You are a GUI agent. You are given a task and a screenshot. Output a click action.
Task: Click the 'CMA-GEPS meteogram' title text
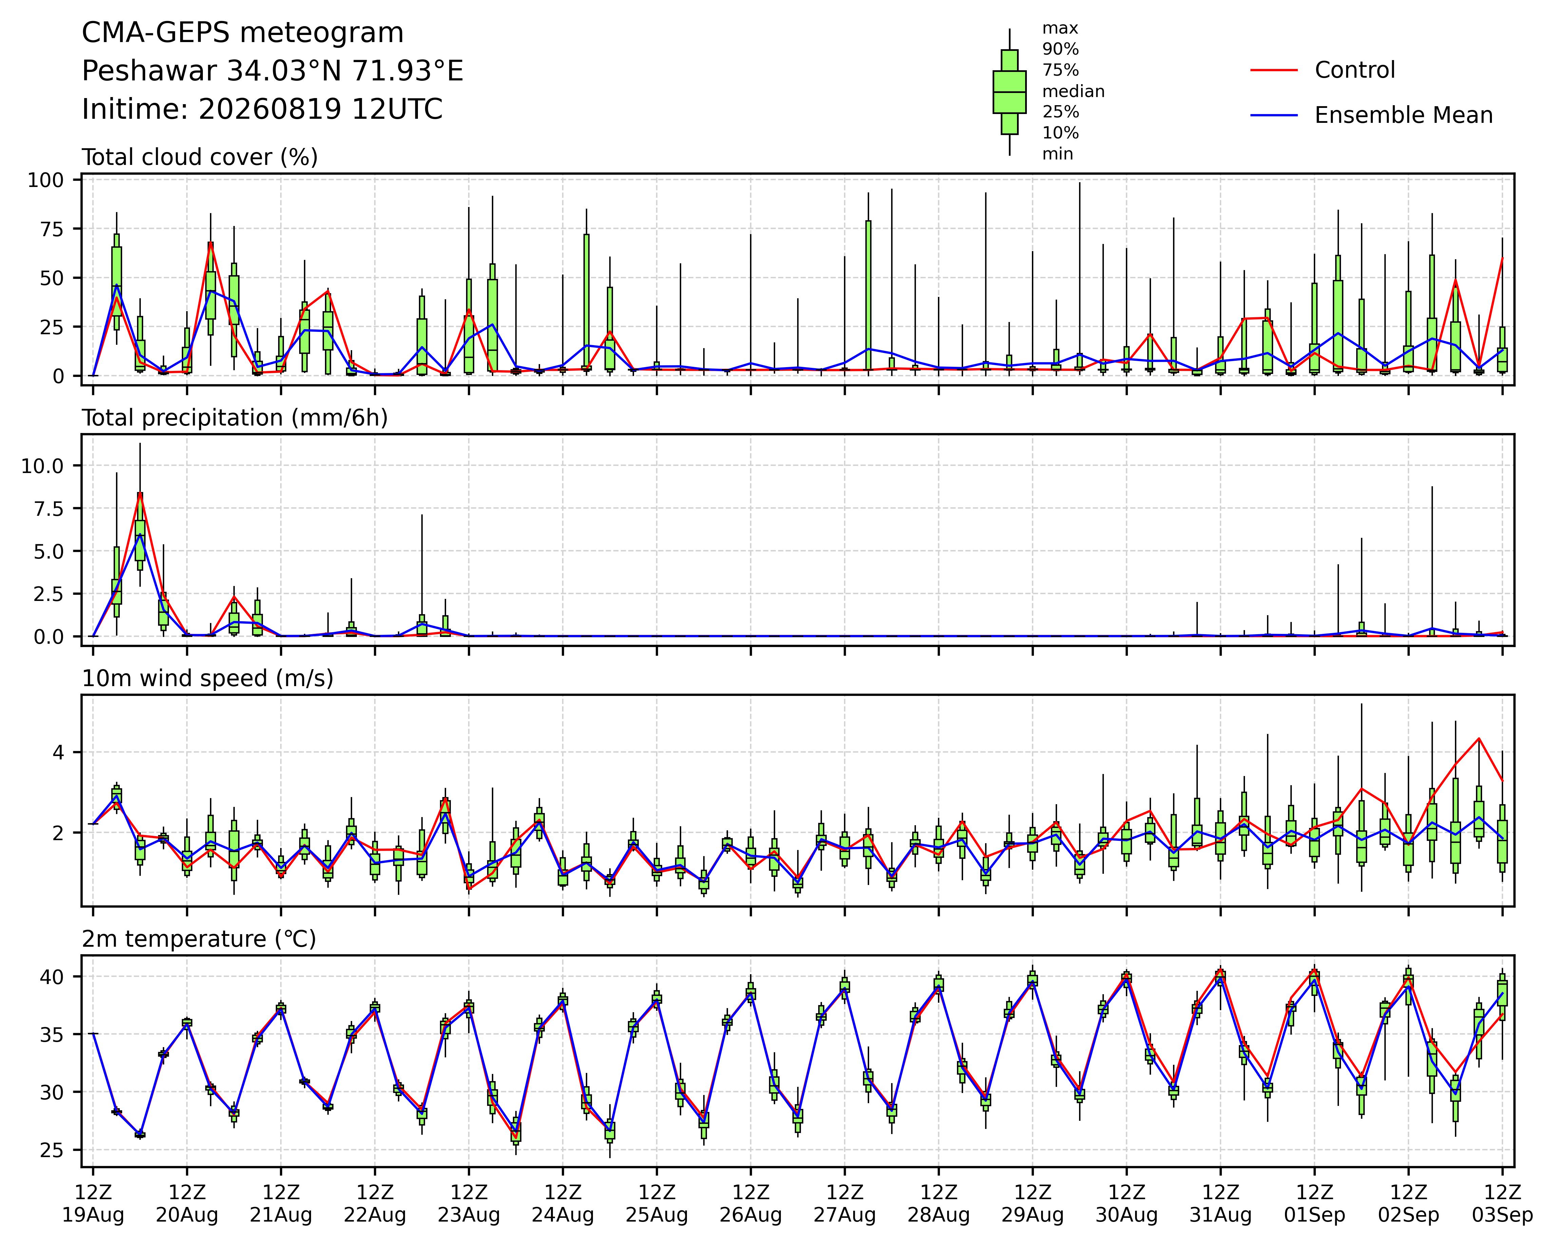(243, 33)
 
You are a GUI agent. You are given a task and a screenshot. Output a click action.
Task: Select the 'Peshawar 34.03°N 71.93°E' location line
(272, 71)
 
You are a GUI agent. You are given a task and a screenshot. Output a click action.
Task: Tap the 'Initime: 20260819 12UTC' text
(262, 110)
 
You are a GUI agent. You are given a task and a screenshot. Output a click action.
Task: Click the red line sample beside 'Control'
(1273, 70)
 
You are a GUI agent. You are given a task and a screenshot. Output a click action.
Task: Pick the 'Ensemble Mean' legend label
(1403, 115)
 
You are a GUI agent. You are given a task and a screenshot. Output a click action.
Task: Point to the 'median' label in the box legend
(1073, 92)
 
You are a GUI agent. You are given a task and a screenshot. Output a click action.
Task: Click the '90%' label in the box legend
(1060, 49)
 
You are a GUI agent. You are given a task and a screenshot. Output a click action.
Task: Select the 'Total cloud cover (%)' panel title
(200, 157)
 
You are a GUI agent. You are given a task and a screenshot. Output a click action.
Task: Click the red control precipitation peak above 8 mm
(140, 494)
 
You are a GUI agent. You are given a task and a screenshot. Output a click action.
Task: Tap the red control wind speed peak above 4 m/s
(1479, 738)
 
